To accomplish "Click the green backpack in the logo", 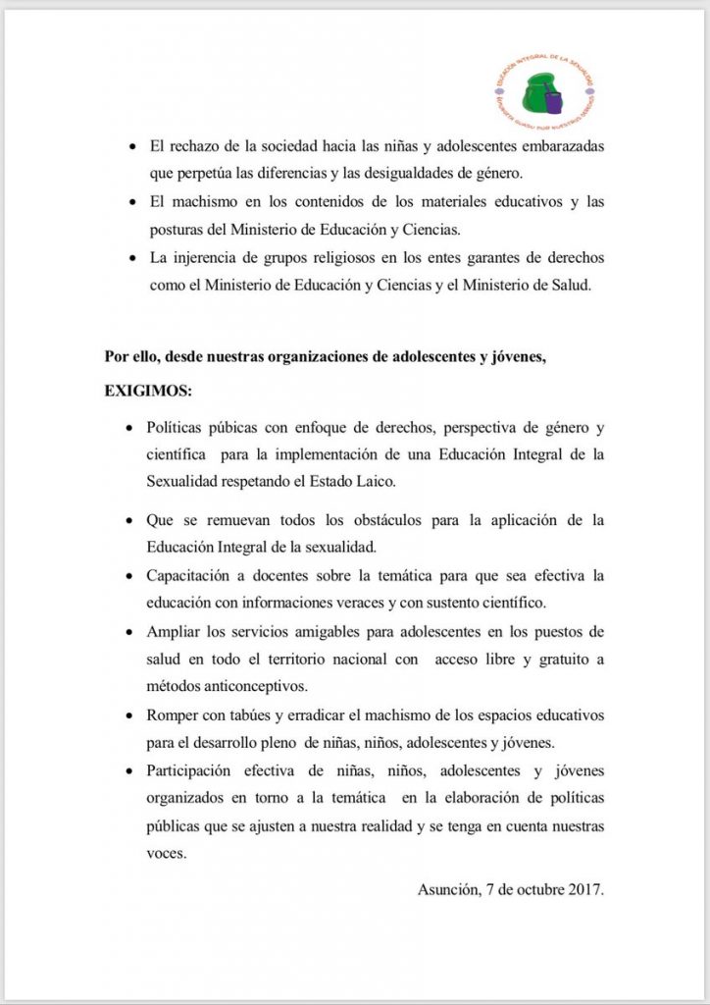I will (x=537, y=93).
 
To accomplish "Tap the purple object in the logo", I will (x=555, y=102).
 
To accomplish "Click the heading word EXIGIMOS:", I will (x=149, y=391).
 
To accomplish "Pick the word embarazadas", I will (x=560, y=145).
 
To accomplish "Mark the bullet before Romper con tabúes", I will (x=131, y=714).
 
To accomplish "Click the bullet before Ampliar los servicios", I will (x=131, y=630).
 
